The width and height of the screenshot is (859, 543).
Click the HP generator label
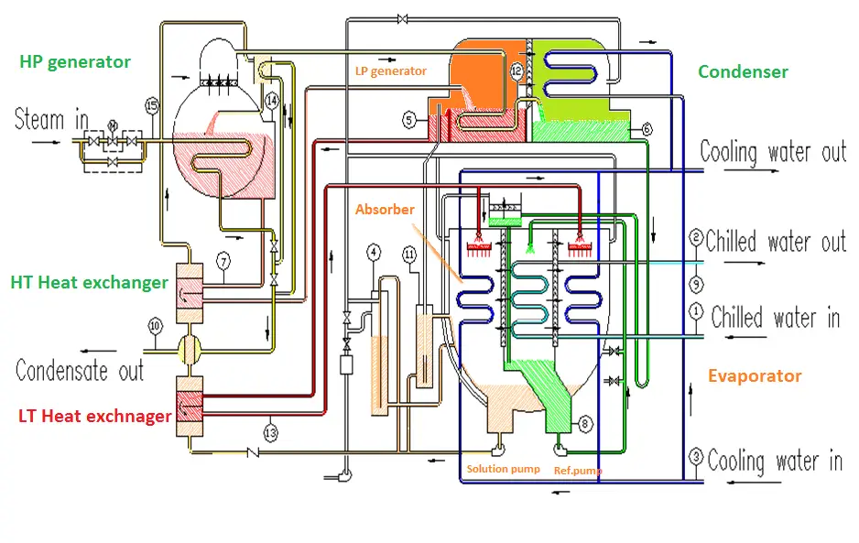(x=75, y=62)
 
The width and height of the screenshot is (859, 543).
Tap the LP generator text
(x=391, y=71)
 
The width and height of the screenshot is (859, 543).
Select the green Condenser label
(x=743, y=71)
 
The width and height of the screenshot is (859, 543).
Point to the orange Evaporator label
(x=755, y=375)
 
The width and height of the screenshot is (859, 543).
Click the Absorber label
(x=385, y=210)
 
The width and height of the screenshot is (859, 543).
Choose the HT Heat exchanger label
(x=90, y=283)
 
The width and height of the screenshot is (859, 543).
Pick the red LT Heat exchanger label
(x=94, y=416)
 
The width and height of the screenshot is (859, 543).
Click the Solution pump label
(x=503, y=469)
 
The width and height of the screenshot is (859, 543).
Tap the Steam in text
(x=51, y=119)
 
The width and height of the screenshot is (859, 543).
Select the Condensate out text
(x=80, y=371)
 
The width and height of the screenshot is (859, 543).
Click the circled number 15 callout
(x=152, y=105)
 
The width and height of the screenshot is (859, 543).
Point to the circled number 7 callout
(x=223, y=261)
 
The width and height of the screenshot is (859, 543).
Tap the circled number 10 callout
(x=155, y=327)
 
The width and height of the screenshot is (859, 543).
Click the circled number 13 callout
(x=271, y=433)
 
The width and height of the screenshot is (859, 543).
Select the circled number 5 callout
(x=409, y=120)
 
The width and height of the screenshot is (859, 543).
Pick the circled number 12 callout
(x=516, y=71)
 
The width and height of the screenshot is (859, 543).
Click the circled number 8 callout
(x=585, y=424)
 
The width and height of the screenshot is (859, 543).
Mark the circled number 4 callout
(x=373, y=253)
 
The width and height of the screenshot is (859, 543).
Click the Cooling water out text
(x=773, y=152)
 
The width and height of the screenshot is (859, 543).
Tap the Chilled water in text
(x=776, y=317)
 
